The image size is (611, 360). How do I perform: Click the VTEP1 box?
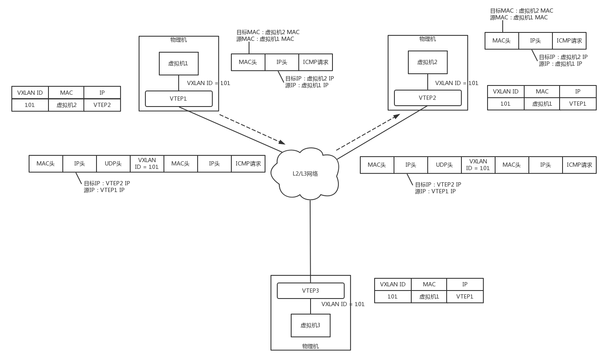click(179, 99)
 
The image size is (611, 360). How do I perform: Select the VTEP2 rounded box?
click(427, 98)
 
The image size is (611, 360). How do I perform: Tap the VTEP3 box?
click(311, 291)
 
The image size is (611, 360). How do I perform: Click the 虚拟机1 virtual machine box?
click(179, 64)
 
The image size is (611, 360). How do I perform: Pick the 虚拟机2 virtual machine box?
click(427, 62)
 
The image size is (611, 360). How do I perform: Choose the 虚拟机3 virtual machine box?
click(311, 325)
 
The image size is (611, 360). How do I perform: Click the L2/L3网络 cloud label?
click(305, 173)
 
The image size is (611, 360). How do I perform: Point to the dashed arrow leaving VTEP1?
click(252, 129)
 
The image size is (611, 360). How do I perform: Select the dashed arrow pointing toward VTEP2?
click(367, 132)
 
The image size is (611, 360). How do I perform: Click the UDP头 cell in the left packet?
click(113, 164)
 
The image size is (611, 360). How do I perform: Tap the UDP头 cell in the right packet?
click(445, 165)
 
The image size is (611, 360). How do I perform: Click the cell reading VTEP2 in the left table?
click(102, 105)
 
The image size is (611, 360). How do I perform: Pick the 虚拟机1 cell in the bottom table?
click(429, 296)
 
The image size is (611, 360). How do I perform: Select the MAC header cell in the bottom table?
click(429, 284)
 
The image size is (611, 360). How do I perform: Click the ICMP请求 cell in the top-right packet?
click(569, 41)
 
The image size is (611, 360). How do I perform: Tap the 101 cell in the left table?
click(30, 105)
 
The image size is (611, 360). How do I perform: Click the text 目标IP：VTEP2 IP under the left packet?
click(107, 183)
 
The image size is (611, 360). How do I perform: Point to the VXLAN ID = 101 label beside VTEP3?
click(343, 304)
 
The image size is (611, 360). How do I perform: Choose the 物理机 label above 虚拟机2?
click(427, 39)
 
